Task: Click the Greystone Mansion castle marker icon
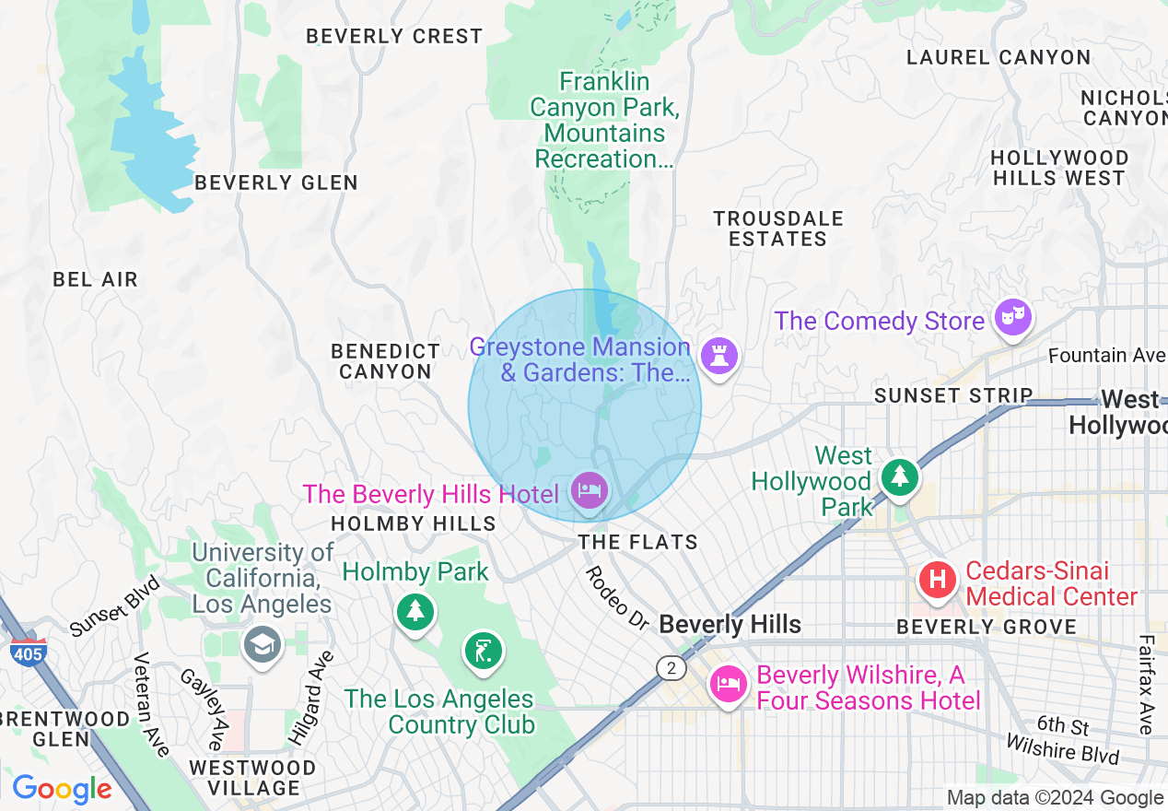point(718,355)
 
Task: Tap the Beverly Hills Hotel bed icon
point(589,489)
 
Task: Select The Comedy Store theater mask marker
point(1013,318)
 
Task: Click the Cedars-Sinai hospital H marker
point(938,581)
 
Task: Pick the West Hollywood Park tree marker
point(900,476)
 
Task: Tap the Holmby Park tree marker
point(415,610)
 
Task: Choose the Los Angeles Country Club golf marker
point(483,650)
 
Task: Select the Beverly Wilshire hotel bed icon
point(728,685)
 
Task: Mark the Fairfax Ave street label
point(1146,684)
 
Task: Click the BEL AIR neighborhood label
point(95,279)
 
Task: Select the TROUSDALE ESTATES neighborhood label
point(778,229)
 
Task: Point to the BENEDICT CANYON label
point(385,361)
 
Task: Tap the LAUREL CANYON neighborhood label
point(999,57)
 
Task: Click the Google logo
point(62,789)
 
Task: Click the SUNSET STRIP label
point(953,395)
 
